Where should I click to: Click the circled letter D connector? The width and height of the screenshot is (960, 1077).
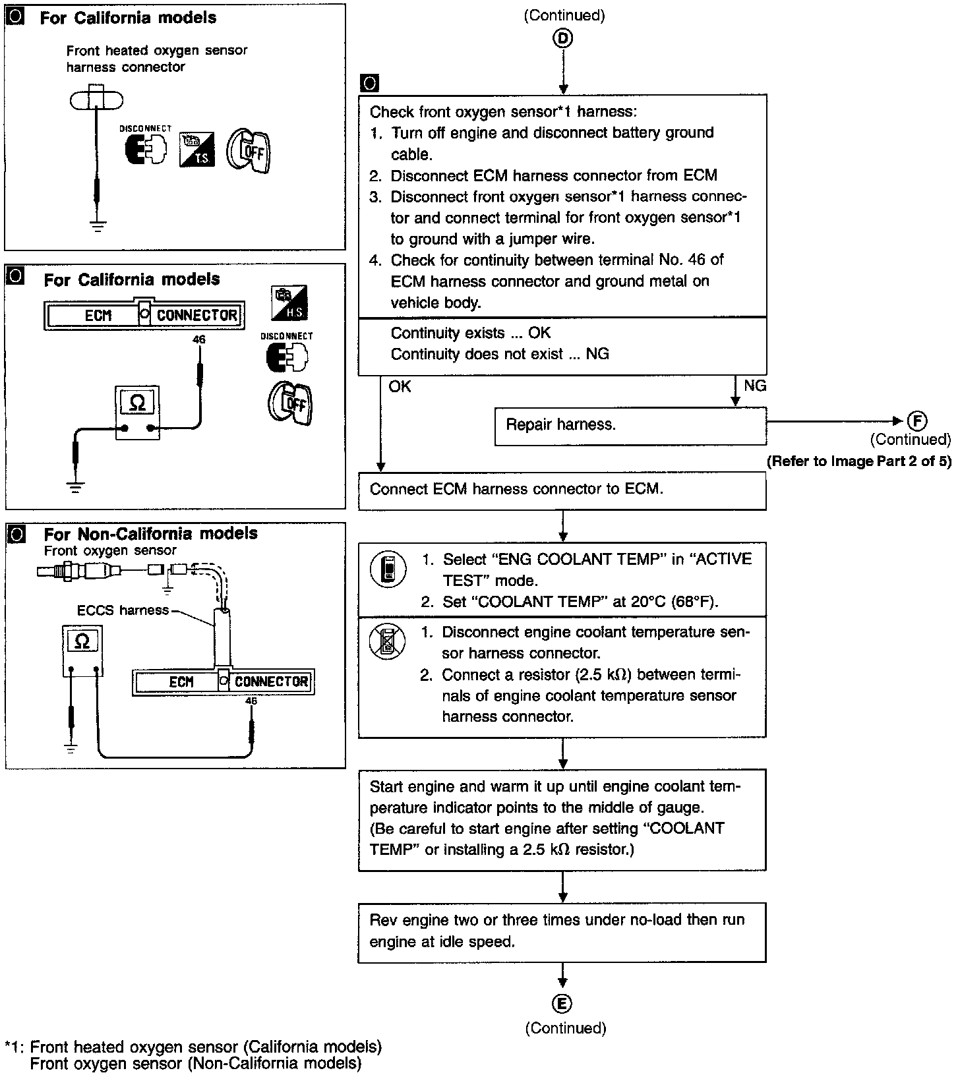tap(562, 40)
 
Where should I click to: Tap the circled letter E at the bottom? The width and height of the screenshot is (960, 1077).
tap(562, 1004)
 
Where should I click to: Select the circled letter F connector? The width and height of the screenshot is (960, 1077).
tap(917, 421)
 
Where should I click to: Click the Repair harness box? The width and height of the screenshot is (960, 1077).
tap(630, 425)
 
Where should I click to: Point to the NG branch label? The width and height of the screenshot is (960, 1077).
tap(755, 386)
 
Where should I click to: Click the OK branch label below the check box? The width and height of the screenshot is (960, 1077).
tap(400, 387)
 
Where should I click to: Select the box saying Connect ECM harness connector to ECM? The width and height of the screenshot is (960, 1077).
tap(562, 490)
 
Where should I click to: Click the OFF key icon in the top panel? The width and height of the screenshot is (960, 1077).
tap(249, 150)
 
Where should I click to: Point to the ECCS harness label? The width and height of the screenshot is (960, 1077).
tap(123, 610)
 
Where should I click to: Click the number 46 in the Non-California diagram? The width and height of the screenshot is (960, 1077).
tap(251, 701)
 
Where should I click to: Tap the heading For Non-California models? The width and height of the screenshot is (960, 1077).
tap(150, 534)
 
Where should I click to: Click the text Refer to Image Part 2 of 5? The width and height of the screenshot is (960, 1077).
tap(858, 461)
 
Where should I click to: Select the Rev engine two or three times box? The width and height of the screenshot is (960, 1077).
tap(562, 931)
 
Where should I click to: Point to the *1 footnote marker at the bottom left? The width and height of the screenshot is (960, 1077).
tap(13, 1047)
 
